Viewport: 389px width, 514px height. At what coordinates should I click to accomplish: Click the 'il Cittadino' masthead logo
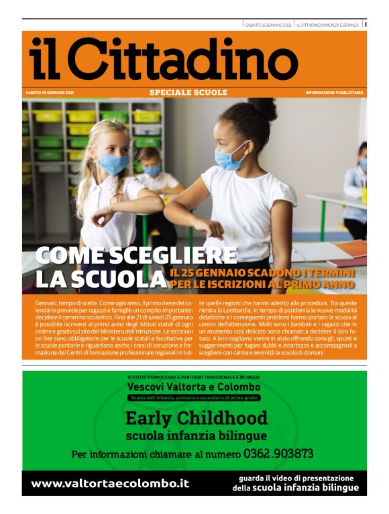pyautogui.click(x=164, y=58)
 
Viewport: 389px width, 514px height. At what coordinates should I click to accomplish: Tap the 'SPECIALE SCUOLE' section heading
pyautogui.click(x=188, y=93)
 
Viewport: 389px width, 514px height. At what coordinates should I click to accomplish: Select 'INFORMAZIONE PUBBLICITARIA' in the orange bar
pyautogui.click(x=333, y=93)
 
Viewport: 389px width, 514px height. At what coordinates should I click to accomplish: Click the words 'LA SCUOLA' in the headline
pyautogui.click(x=100, y=279)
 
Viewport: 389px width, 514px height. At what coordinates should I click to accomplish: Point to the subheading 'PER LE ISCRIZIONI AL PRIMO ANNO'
pyautogui.click(x=267, y=285)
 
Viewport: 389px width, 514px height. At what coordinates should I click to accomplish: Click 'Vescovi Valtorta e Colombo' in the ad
pyautogui.click(x=194, y=387)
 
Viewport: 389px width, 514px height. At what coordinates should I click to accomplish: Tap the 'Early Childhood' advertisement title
pyautogui.click(x=196, y=419)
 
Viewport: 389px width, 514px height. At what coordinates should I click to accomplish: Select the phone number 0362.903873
pyautogui.click(x=278, y=454)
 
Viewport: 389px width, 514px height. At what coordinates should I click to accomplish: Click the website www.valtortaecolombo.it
pyautogui.click(x=110, y=483)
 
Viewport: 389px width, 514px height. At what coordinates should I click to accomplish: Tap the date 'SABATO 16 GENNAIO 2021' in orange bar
pyautogui.click(x=50, y=93)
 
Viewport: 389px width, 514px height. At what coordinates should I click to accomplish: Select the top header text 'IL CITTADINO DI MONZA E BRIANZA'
pyautogui.click(x=328, y=25)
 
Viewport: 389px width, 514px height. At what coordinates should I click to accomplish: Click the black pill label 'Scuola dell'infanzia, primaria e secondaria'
pyautogui.click(x=194, y=398)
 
